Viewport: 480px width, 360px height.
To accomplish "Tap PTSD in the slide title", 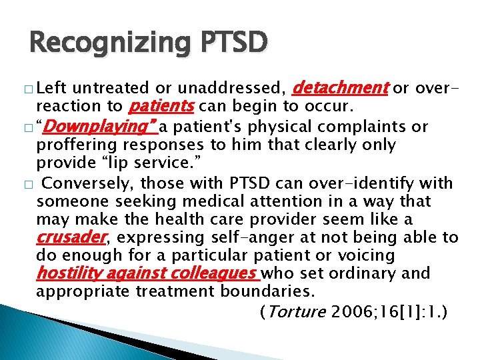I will coord(229,43).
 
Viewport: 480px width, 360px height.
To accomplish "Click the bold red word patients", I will coord(161,105).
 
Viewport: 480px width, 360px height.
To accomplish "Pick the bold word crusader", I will coord(71,237).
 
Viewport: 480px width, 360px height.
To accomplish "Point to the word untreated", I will coord(113,87).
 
